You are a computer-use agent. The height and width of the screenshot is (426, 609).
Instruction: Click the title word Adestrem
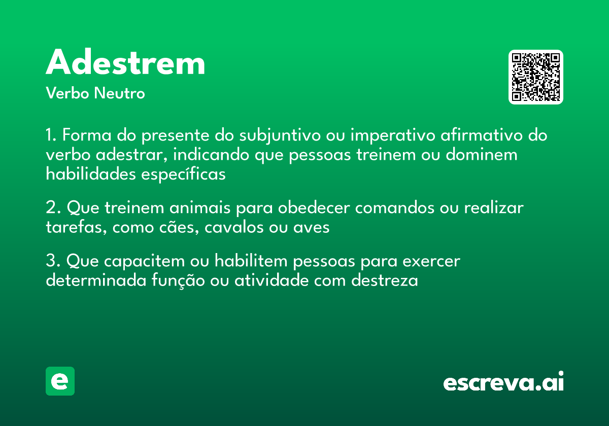[125, 63]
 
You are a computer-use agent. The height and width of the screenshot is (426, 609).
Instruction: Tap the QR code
[536, 77]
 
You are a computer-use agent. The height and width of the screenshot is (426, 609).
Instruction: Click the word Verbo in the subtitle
[67, 93]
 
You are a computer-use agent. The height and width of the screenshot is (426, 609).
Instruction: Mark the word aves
[312, 227]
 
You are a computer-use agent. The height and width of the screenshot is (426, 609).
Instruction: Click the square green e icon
[60, 381]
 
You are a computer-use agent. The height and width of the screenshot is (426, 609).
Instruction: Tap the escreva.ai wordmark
[503, 382]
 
